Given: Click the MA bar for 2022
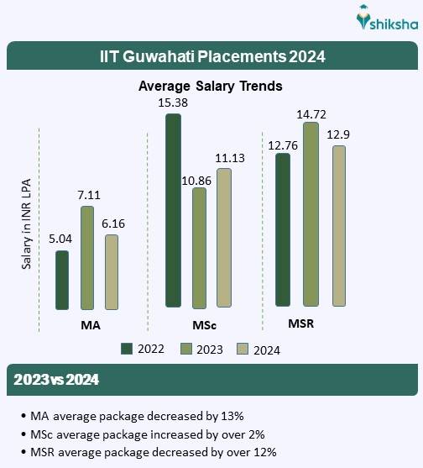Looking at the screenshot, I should click(x=61, y=280).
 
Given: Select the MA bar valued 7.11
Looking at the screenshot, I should click(x=86, y=258).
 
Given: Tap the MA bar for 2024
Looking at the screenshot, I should click(x=111, y=272).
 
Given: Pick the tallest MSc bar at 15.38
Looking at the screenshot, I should click(x=173, y=210).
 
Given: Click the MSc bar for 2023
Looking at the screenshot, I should click(x=199, y=247).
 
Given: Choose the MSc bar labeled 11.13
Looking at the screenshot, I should click(x=223, y=237).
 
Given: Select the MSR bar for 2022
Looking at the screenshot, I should click(x=282, y=229).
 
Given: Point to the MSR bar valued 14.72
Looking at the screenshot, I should click(x=311, y=214).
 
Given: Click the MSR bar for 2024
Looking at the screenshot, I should click(x=338, y=225).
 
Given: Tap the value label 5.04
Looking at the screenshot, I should click(x=61, y=239).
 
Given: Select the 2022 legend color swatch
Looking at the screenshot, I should click(x=128, y=350).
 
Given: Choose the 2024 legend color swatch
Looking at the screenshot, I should click(x=242, y=350).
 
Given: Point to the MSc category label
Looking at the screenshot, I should click(x=199, y=324).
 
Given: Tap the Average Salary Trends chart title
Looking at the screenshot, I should click(x=210, y=86).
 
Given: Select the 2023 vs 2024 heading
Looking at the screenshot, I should click(x=56, y=380).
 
